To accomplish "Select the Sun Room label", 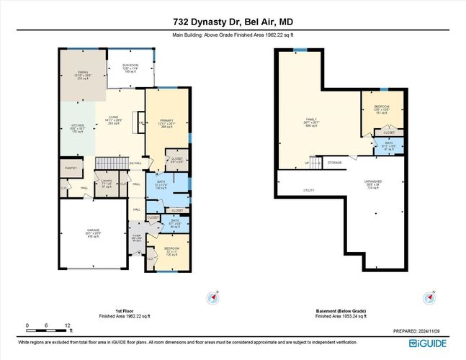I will click(x=130, y=68).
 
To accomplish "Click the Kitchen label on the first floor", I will click(x=78, y=127).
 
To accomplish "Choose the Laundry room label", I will click(x=106, y=183).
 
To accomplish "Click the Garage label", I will click(x=94, y=233).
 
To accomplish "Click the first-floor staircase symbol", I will click(x=112, y=163).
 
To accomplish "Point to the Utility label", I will click(x=289, y=190).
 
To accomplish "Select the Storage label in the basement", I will click(x=334, y=163).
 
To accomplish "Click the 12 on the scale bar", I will click(x=66, y=324).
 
